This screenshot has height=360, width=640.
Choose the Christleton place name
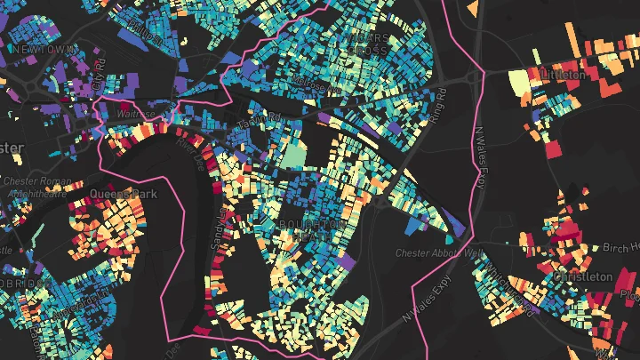584,276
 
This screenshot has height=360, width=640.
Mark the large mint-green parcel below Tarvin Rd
292,156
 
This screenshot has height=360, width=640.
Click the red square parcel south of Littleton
554,148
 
